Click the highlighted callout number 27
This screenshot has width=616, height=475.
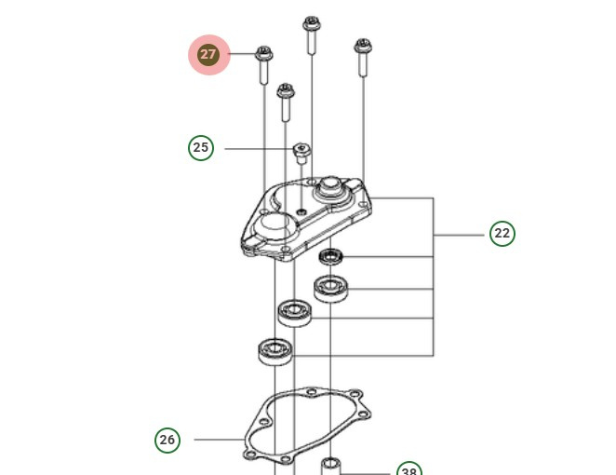pos(208,55)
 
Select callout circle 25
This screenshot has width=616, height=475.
pos(200,148)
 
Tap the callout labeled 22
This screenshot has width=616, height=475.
pos(502,234)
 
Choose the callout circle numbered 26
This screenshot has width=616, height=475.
pos(167,440)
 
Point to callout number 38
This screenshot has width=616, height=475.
pos(408,469)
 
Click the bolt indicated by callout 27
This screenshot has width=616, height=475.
pos(263,64)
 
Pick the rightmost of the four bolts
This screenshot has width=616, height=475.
pos(362,57)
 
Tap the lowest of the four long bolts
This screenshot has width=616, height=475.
pos(285,102)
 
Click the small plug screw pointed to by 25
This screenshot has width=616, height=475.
pos(301,151)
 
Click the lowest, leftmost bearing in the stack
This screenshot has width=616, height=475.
pos(275,350)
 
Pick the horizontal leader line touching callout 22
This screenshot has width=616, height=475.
pos(461,235)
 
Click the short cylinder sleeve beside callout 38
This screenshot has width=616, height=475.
pos(331,465)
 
